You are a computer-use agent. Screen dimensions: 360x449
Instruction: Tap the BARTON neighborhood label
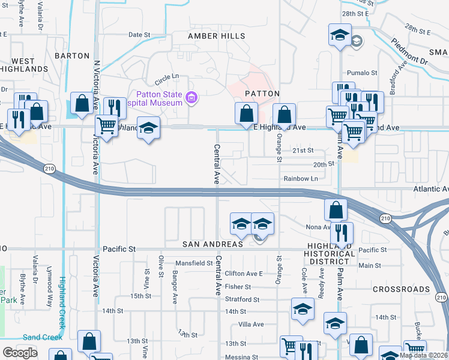(72, 55)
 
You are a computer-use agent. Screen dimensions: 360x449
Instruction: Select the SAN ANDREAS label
(214, 244)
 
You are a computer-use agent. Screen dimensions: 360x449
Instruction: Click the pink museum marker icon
(191, 98)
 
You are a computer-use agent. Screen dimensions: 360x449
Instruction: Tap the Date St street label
(139, 35)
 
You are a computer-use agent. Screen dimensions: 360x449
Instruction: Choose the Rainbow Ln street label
(301, 178)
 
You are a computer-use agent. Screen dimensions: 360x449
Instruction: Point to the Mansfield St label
(194, 263)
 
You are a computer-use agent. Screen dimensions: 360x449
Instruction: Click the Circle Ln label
(167, 79)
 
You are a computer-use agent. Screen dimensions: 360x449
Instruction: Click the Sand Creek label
(42, 337)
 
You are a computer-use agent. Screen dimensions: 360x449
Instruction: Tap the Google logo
(20, 353)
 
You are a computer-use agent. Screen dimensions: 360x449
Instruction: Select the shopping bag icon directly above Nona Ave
(336, 209)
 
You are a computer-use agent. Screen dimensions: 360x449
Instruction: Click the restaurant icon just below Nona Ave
(342, 233)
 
